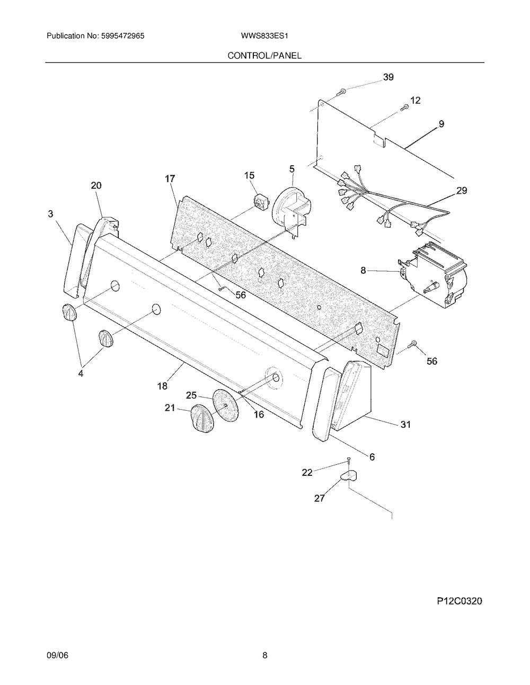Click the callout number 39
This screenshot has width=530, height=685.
tap(388, 77)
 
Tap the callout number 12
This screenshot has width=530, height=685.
tap(415, 100)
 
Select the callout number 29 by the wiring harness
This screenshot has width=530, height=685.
tap(462, 191)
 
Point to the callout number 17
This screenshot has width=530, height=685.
tap(170, 179)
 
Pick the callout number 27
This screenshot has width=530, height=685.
tap(319, 498)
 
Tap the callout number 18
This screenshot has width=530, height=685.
tap(162, 386)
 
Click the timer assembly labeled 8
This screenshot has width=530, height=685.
tap(435, 275)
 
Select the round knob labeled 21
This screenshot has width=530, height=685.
tap(200, 418)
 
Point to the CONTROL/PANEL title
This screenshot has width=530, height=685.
tap(264, 55)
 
